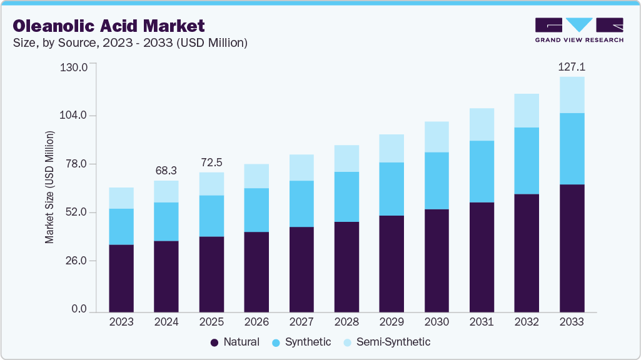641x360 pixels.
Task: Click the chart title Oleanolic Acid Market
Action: point(109,26)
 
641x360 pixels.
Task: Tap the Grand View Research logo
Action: point(579,30)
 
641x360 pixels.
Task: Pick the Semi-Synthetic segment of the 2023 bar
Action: point(121,198)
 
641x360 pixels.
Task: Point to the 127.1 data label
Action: point(572,67)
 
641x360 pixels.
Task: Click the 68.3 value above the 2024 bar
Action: point(166,171)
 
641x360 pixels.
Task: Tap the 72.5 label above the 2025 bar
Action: point(211,162)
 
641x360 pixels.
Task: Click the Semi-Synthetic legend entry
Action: point(387,342)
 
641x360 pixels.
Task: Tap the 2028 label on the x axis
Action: point(346,322)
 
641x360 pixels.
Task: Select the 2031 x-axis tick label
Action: point(482,322)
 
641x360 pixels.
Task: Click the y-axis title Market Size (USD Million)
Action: point(49,187)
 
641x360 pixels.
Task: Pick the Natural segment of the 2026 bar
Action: point(256,271)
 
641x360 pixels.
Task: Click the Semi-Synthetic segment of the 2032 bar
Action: point(527,111)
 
